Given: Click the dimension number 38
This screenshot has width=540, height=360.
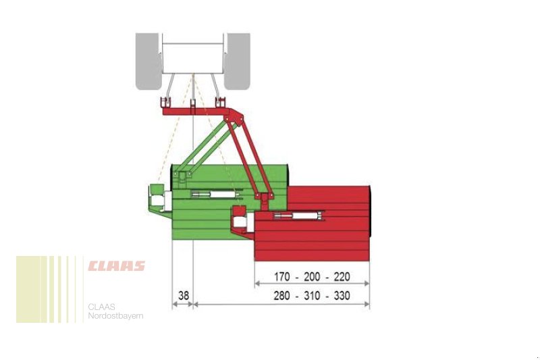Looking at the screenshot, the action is click(x=184, y=296).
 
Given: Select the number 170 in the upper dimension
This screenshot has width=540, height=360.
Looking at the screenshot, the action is click(x=282, y=277).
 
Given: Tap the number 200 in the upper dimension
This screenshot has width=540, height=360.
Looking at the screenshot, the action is click(x=312, y=277).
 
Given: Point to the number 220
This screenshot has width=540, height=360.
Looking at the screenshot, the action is click(x=342, y=277).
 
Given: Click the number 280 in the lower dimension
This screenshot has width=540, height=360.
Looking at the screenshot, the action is click(x=281, y=296).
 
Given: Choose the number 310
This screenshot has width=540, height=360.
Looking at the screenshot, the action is click(x=312, y=296).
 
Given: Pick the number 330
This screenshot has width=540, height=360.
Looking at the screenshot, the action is click(x=342, y=296).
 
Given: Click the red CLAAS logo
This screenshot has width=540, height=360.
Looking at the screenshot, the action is click(x=116, y=266).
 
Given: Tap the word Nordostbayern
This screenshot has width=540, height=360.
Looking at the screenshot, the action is click(x=115, y=316).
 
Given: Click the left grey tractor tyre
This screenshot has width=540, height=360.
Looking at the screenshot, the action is click(x=148, y=61).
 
